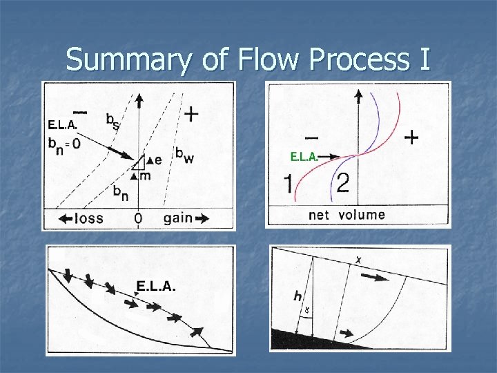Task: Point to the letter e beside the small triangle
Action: click(x=158, y=160)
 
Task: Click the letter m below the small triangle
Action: click(x=146, y=176)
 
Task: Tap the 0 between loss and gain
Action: click(x=139, y=219)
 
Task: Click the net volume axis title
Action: click(x=347, y=215)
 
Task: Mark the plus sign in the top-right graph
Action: click(x=411, y=138)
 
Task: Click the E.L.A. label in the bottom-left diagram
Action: click(x=157, y=287)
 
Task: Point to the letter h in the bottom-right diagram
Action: click(x=297, y=296)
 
